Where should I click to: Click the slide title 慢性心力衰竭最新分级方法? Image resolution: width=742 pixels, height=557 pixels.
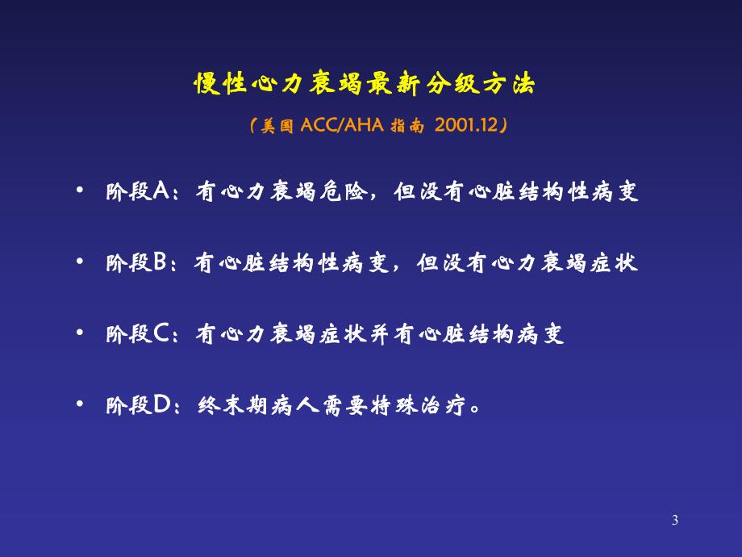364,84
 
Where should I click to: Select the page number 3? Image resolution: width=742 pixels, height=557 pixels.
675,521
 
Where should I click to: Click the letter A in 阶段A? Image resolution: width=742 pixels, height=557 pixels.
158,194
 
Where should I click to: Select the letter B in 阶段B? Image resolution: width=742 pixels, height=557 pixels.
158,264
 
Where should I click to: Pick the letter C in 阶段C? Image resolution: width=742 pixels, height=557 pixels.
160,334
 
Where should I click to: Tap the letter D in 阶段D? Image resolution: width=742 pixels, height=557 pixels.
160,404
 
